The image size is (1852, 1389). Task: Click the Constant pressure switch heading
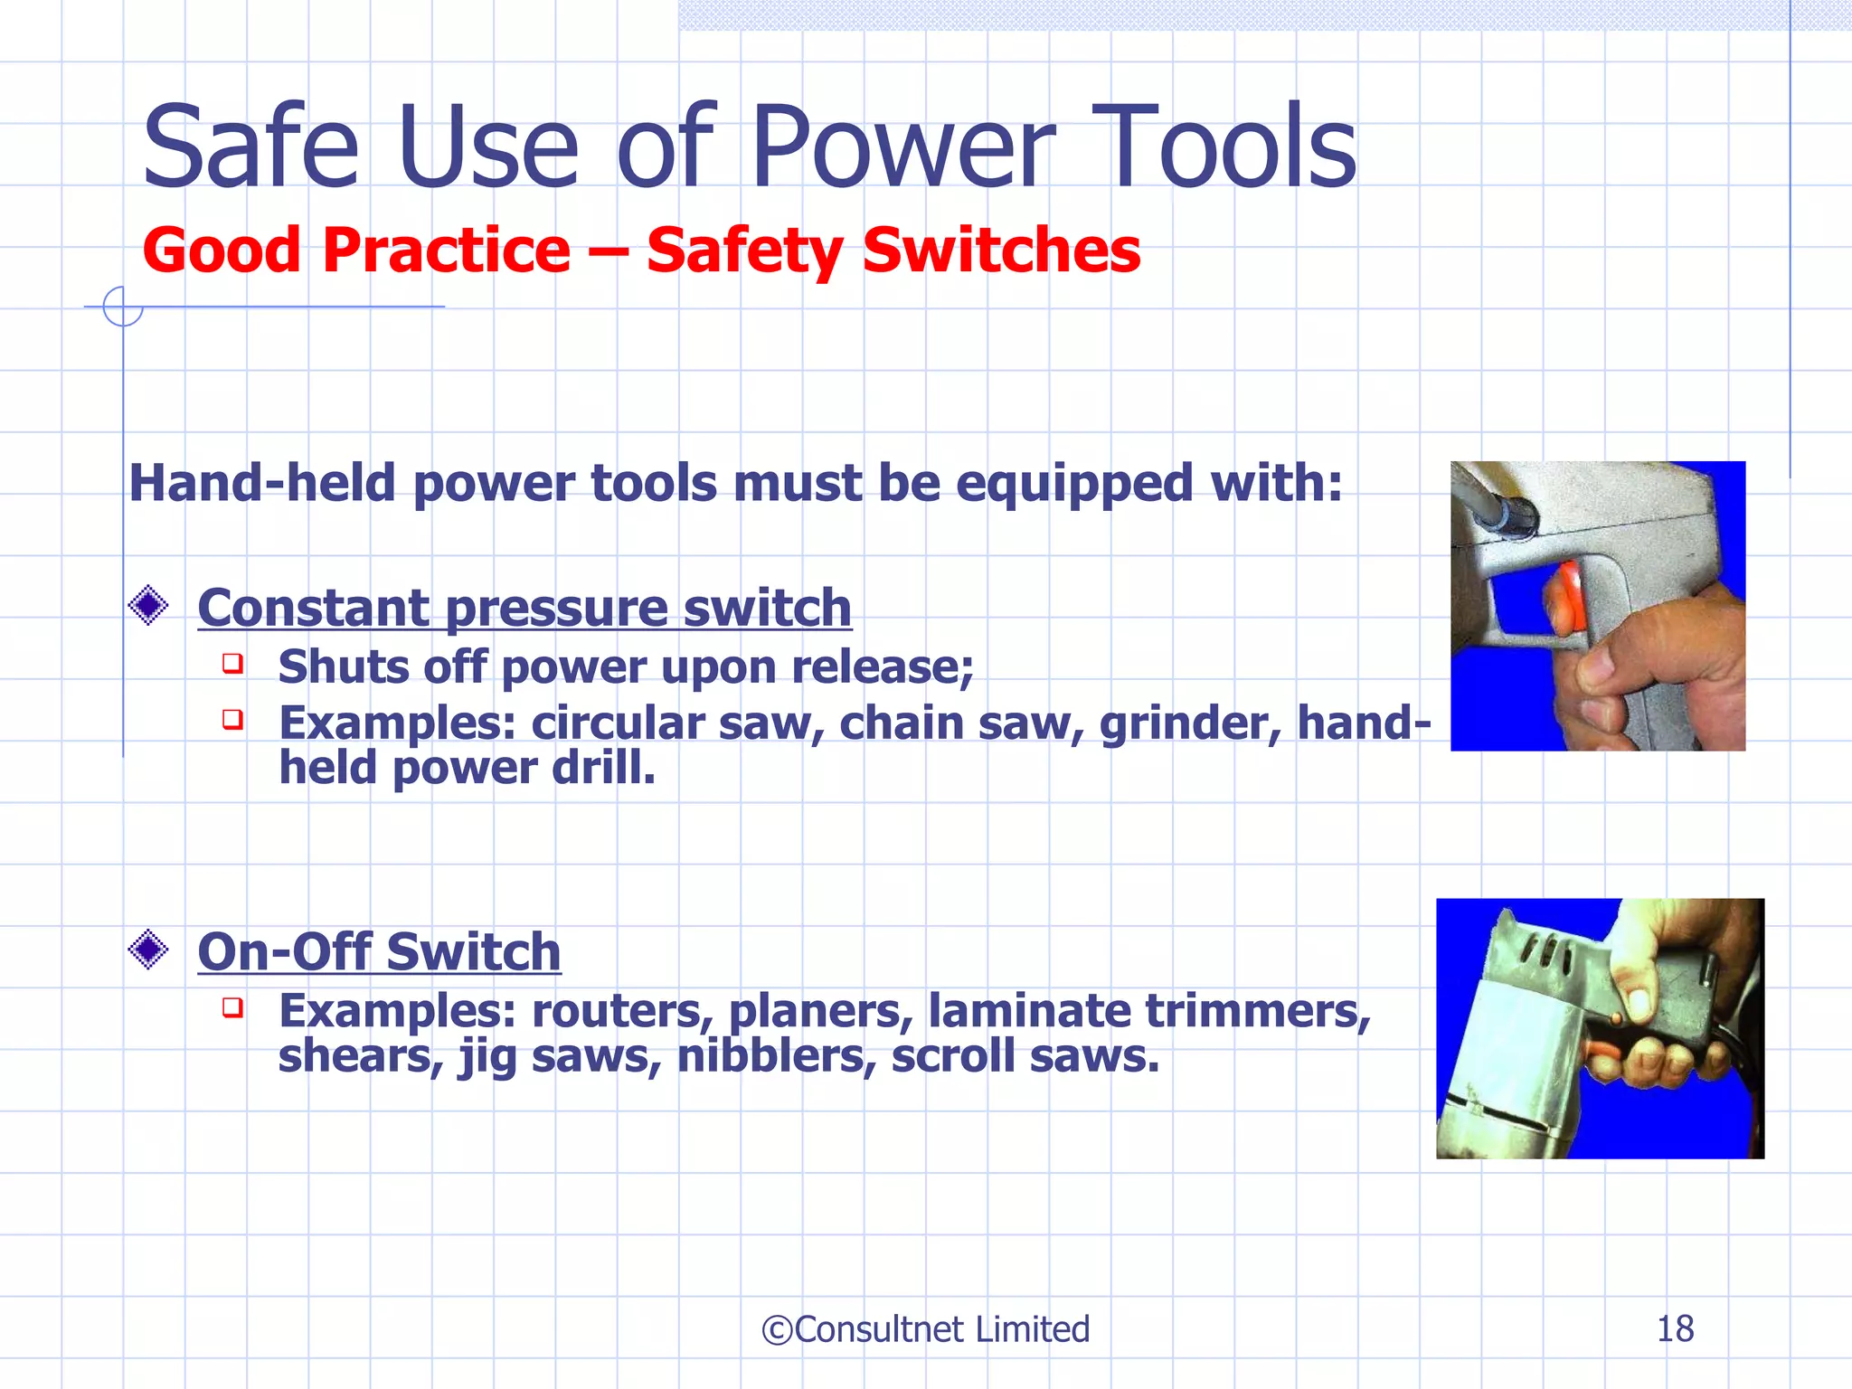click(524, 608)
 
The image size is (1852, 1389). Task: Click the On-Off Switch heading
click(379, 951)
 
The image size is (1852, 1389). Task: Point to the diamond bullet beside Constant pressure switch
click(148, 606)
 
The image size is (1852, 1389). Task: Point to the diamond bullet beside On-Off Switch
click(148, 950)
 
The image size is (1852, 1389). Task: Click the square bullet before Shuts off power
click(233, 664)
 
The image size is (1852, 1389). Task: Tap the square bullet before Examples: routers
click(233, 1007)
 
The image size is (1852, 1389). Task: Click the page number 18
click(1675, 1329)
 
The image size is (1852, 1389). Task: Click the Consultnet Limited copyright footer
click(926, 1329)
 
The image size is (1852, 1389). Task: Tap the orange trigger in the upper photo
click(1563, 599)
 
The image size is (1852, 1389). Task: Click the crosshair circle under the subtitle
click(122, 307)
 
